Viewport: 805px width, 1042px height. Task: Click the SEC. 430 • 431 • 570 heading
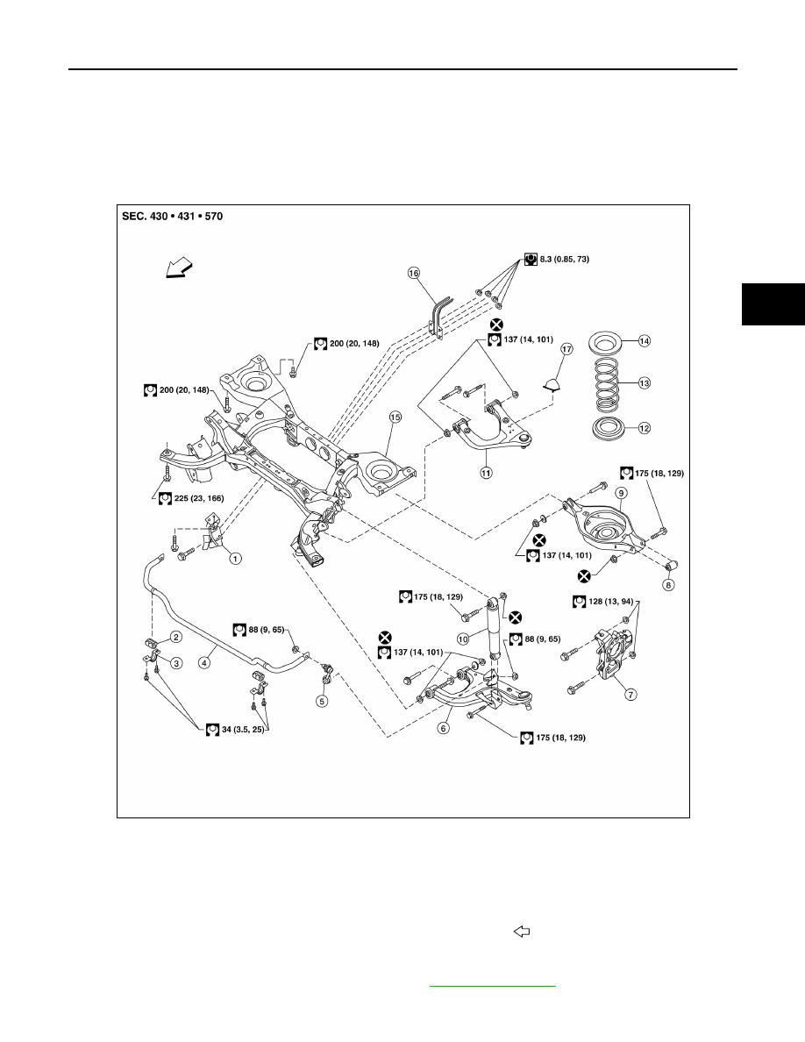173,216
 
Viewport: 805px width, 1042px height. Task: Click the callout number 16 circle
414,273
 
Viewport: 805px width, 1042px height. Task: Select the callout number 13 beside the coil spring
644,382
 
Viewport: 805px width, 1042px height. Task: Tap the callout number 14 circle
644,341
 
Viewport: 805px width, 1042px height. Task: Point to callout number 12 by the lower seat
644,429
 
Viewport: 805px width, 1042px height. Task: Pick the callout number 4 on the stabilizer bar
204,662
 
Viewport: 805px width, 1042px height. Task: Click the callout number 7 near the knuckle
630,695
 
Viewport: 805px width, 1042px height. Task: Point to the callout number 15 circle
395,418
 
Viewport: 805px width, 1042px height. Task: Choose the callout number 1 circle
235,559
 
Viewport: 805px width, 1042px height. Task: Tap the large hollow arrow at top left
179,268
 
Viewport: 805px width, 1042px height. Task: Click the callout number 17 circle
566,349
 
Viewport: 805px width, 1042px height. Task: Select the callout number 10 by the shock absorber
463,639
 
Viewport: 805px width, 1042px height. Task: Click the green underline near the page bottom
492,986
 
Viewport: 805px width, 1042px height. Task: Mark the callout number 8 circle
669,585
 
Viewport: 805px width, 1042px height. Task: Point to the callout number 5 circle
322,701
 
